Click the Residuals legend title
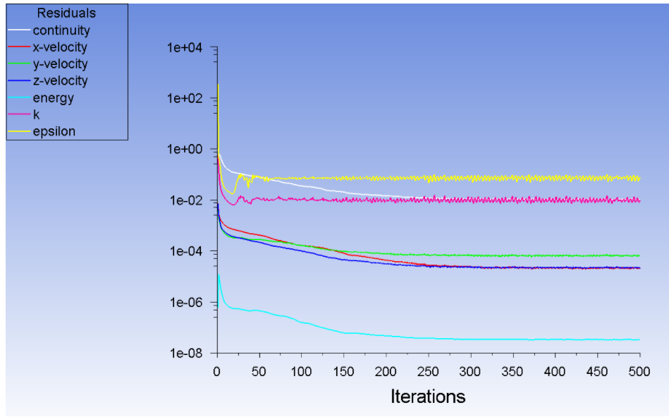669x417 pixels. point(66,13)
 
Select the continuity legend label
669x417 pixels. point(61,30)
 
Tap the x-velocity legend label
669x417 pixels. point(60,47)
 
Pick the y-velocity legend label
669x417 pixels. point(60,64)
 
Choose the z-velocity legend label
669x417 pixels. point(60,81)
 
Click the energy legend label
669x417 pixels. point(53,98)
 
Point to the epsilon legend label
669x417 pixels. point(54,131)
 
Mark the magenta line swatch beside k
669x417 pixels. point(19,115)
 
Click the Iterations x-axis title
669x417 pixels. point(428,397)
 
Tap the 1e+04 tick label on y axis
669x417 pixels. point(185,48)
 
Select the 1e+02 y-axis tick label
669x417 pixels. point(185,99)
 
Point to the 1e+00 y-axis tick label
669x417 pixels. point(185,150)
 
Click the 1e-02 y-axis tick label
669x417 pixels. point(185,200)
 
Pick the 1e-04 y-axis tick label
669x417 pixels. point(185,251)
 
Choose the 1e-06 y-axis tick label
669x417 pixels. point(185,302)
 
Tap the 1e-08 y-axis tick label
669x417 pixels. point(185,353)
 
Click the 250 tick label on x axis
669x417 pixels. point(428,370)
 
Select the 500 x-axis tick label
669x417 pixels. point(639,370)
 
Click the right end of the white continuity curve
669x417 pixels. point(422,198)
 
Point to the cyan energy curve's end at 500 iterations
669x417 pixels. point(639,339)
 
